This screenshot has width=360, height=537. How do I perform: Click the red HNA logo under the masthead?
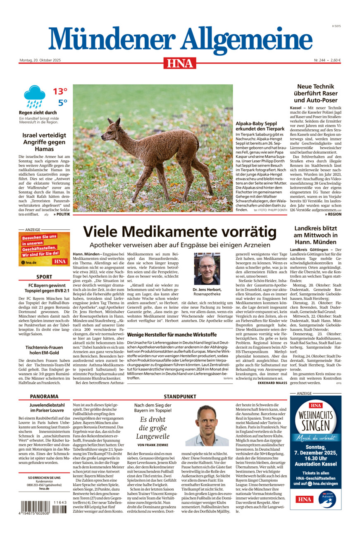point(180,63)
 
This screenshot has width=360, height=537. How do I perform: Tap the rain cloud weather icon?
point(34,96)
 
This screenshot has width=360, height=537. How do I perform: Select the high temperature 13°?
point(60,91)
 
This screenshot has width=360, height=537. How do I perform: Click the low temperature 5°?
point(62,103)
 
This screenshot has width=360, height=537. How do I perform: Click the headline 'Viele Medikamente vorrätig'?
point(180,231)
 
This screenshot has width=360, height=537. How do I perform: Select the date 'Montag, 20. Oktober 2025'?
point(40,60)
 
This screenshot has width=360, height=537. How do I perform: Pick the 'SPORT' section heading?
point(44,277)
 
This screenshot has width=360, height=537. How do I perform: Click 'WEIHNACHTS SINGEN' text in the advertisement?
point(315,422)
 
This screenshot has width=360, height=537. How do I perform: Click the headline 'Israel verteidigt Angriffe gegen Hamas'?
point(44,142)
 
